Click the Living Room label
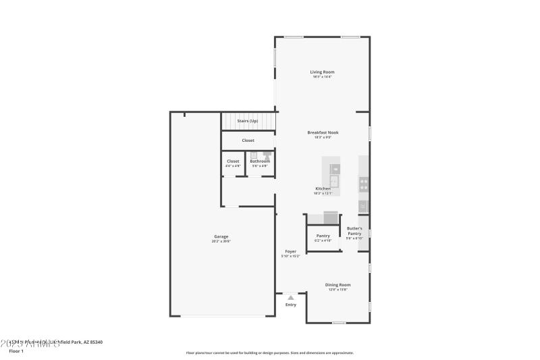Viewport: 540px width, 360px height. tap(322, 72)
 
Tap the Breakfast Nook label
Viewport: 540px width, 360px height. tap(322, 132)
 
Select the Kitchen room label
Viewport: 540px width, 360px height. tap(323, 188)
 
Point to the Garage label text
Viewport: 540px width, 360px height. tap(221, 236)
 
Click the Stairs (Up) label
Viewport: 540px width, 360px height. tap(247, 121)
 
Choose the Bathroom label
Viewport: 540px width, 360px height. tap(260, 161)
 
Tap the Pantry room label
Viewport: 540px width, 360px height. tap(323, 236)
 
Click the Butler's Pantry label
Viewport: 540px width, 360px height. tap(354, 231)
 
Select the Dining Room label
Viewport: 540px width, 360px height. tap(337, 284)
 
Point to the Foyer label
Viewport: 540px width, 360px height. tap(290, 251)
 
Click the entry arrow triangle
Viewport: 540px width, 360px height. tap(290, 297)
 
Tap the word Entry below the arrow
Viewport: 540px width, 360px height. tap(290, 305)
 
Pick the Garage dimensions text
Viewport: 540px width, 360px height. tap(221, 241)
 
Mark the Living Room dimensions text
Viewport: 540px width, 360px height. tap(322, 76)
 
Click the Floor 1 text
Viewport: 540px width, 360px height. tap(16, 351)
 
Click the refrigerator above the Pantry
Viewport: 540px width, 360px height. tap(331, 217)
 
